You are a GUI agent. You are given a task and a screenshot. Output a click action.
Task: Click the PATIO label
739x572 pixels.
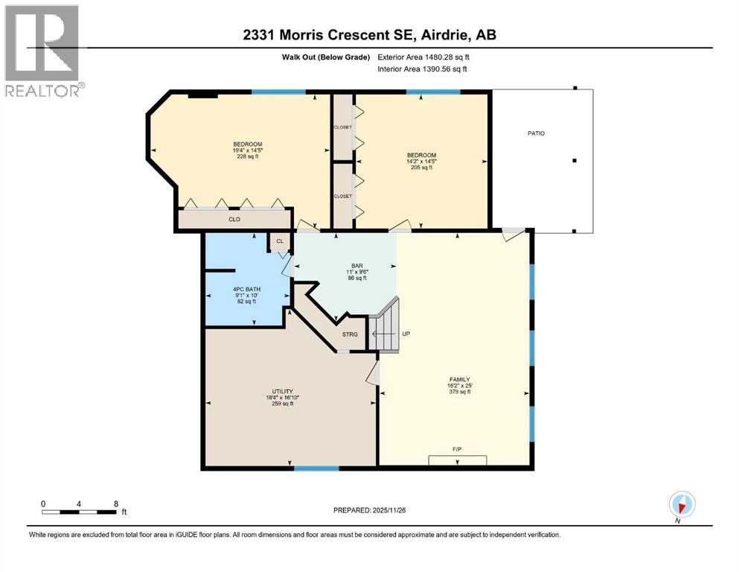[536, 133]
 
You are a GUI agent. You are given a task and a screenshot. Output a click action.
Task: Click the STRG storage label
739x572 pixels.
[350, 334]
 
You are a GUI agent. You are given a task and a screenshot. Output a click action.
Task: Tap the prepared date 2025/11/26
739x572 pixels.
[370, 510]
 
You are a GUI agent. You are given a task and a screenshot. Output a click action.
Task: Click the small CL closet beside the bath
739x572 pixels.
[280, 241]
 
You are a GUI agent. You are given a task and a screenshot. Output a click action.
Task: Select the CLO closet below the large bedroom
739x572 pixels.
[234, 220]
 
